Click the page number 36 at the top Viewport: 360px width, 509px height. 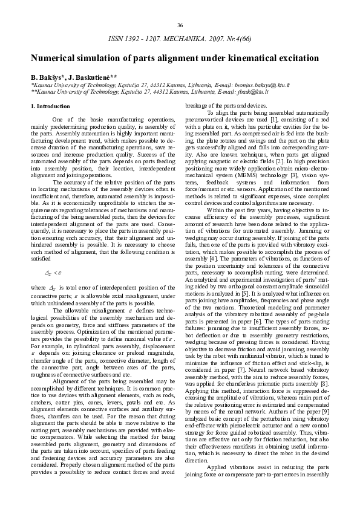(180, 25)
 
